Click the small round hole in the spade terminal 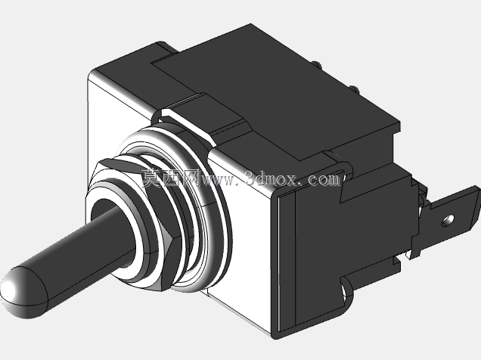click(x=448, y=220)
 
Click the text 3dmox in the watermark click(x=272, y=178)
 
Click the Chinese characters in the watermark click(x=171, y=178)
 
